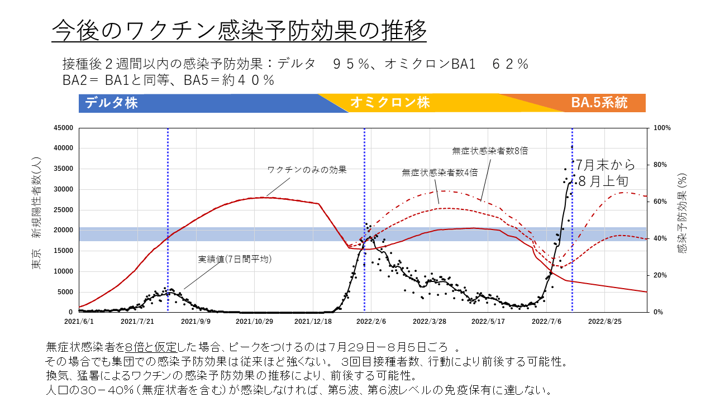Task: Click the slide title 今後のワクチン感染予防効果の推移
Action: [x=239, y=30]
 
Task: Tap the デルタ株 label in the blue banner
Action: [x=111, y=103]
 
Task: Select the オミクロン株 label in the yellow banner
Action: [x=390, y=103]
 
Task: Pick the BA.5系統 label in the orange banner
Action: [x=599, y=103]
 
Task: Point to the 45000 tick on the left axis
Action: [x=63, y=128]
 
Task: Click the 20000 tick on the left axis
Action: [x=63, y=230]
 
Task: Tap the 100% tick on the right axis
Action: [x=662, y=128]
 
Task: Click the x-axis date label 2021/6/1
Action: [x=79, y=322]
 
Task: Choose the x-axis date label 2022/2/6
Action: [x=371, y=322]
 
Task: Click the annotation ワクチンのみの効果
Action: [x=307, y=170]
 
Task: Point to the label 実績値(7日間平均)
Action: [x=235, y=259]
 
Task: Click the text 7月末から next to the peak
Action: [x=606, y=165]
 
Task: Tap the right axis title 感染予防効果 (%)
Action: [x=681, y=212]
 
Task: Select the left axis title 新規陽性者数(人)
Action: [x=36, y=207]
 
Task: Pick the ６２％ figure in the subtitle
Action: [x=510, y=64]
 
